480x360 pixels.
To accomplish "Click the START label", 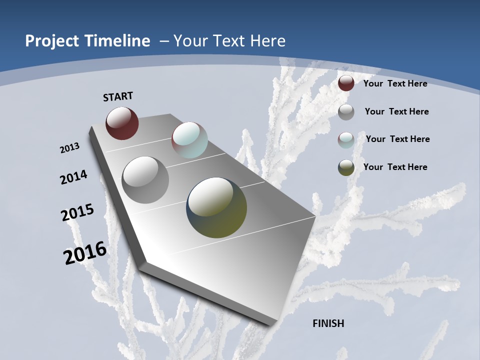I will tap(118, 96).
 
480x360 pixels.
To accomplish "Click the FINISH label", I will tap(328, 323).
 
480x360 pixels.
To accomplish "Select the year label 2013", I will tap(70, 148).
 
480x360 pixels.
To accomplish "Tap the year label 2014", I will tap(74, 177).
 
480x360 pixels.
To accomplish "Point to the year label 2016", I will tap(85, 253).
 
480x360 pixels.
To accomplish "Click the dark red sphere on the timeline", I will tap(122, 123).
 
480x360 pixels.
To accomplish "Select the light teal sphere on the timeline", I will tap(189, 140).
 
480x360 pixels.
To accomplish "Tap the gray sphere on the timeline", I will tap(145, 179).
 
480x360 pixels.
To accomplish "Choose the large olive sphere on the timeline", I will tap(216, 207).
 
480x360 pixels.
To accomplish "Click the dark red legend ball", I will tap(346, 83).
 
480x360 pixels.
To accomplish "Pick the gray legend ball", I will tap(346, 112).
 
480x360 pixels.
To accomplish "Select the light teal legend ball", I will tap(346, 139).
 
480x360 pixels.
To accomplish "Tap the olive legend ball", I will tap(346, 167).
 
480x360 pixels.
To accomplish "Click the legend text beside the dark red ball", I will tap(395, 83).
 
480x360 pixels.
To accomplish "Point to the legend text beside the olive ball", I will tap(395, 167).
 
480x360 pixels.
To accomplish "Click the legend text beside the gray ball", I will tap(396, 111).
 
